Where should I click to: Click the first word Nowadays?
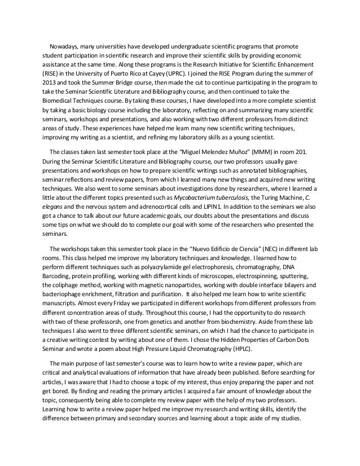point(63,46)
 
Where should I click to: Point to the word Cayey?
point(134,73)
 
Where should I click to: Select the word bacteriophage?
point(65,294)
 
